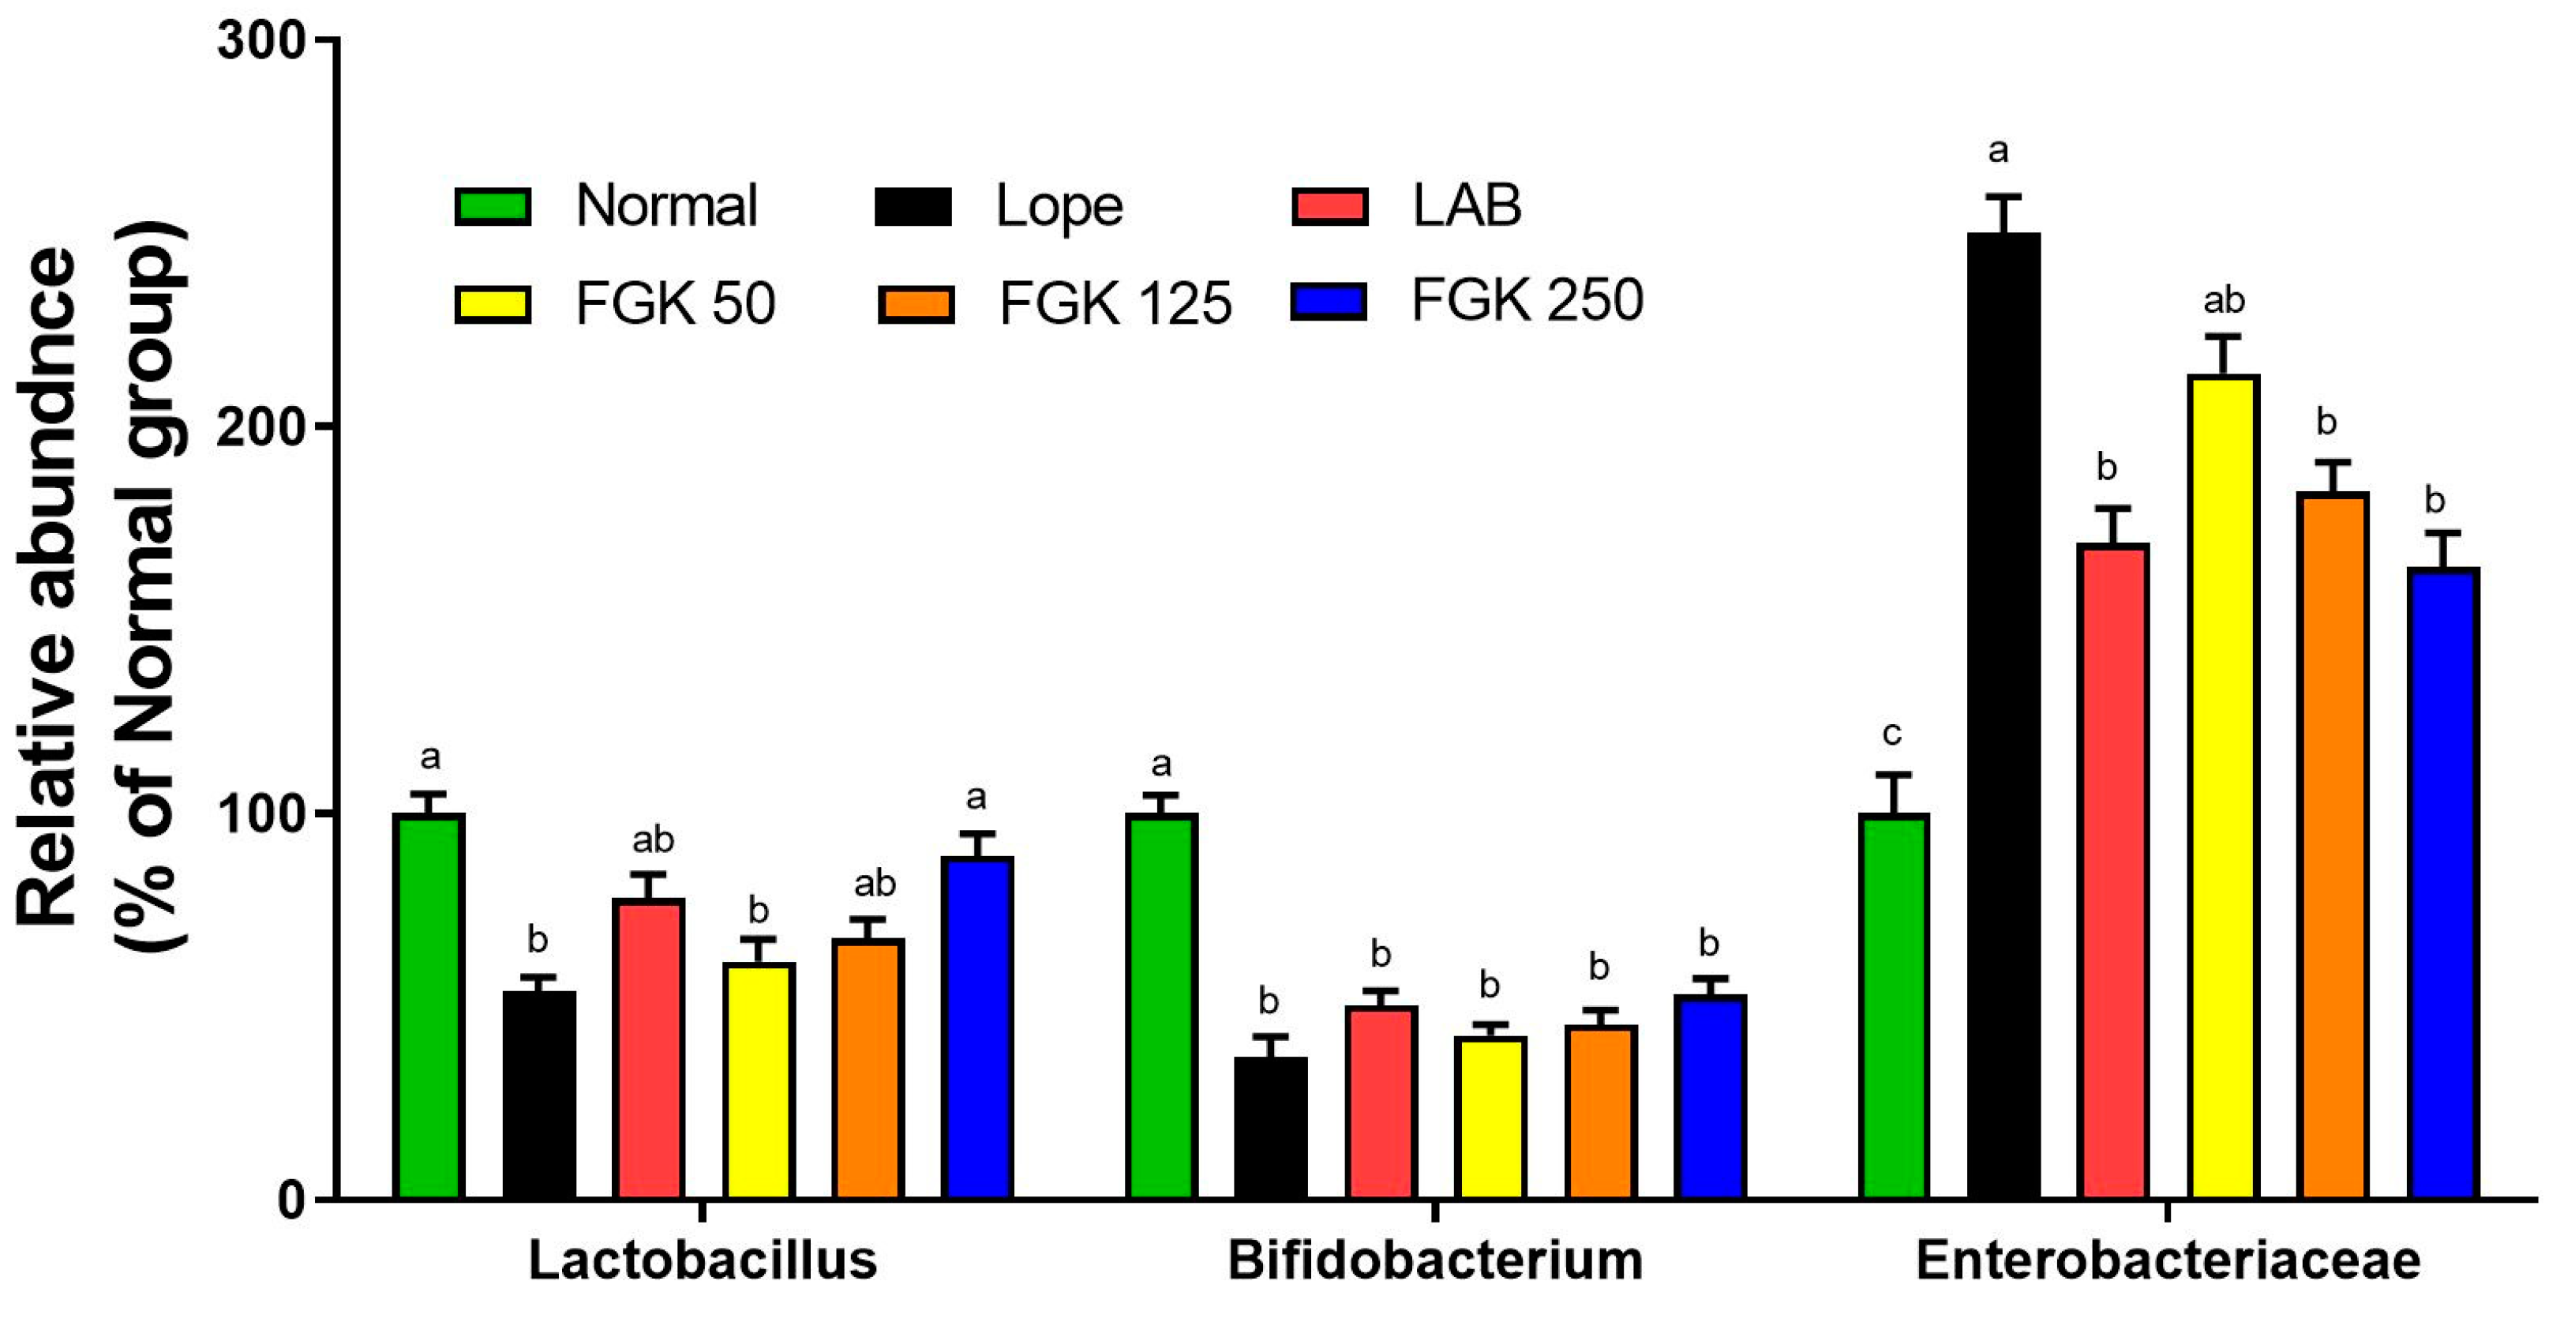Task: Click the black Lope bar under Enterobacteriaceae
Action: [x=2003, y=715]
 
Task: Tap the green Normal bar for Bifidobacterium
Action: [x=1160, y=1005]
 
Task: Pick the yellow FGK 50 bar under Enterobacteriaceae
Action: [x=2222, y=787]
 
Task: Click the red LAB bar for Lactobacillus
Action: [x=649, y=1048]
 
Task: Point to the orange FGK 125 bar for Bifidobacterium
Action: [x=1599, y=1111]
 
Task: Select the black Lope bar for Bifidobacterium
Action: [x=1269, y=1127]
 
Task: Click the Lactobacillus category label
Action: [x=703, y=1260]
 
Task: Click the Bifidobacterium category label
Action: [x=1435, y=1260]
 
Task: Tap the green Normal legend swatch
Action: [x=493, y=206]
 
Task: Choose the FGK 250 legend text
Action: [x=1527, y=299]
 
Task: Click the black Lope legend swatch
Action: [x=913, y=206]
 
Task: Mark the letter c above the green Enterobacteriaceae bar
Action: [x=1891, y=734]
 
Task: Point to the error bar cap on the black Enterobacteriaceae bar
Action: [x=2003, y=197]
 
